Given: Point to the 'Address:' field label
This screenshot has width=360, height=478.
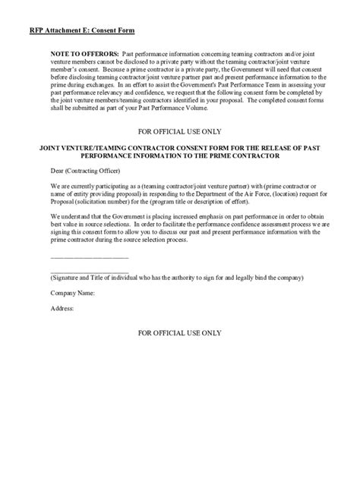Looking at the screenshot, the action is coord(62,309).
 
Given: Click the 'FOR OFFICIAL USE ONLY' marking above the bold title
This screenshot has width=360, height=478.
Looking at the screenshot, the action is coord(179,131).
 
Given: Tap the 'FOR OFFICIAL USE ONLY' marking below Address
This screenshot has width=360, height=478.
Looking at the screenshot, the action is coord(179,334).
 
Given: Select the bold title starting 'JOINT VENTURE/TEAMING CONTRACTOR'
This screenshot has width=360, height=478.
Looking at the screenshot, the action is coord(179,151).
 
